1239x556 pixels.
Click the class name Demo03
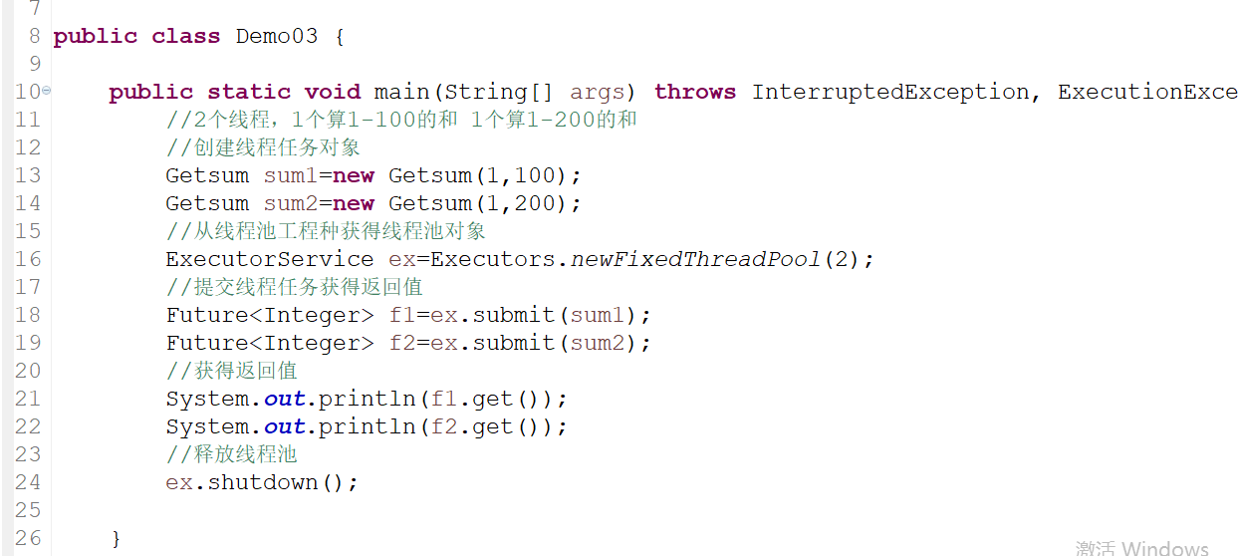(x=277, y=37)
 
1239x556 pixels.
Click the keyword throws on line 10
(x=695, y=92)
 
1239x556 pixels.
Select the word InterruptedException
(x=890, y=93)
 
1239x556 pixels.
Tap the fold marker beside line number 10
(x=47, y=91)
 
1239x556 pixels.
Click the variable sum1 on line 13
(x=291, y=176)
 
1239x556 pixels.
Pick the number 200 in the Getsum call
(x=536, y=203)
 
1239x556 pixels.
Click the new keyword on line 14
(x=354, y=204)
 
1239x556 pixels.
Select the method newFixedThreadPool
(x=695, y=259)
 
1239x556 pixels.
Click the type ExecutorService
(x=270, y=259)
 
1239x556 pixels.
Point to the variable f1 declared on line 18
(x=402, y=315)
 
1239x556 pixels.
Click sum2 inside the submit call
(x=598, y=343)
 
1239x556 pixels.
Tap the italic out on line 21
(x=284, y=399)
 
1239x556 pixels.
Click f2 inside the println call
(x=444, y=426)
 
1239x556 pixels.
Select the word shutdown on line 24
(x=263, y=482)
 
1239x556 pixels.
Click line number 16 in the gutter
(x=28, y=259)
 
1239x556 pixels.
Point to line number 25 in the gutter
(x=28, y=509)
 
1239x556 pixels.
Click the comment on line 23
(x=232, y=454)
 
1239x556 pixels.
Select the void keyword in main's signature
(x=333, y=92)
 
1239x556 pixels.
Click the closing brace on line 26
(x=116, y=538)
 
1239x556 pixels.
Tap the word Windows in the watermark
(x=1164, y=548)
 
